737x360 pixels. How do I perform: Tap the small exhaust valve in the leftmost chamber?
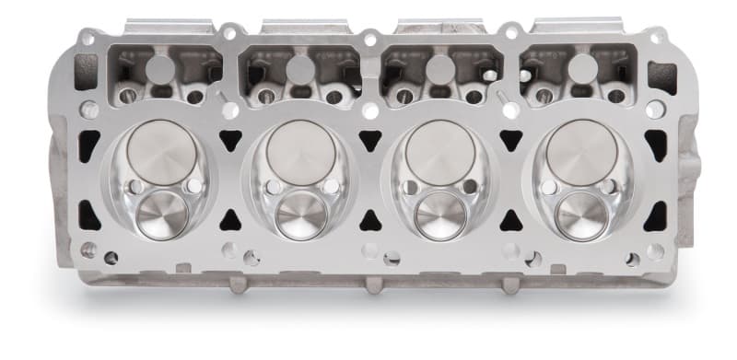(x=162, y=215)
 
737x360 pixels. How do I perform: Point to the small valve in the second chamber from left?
(x=301, y=215)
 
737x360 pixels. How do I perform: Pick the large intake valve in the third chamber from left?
(x=440, y=151)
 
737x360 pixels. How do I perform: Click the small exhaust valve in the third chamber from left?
(x=440, y=215)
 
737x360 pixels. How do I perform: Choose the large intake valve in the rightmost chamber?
(x=580, y=151)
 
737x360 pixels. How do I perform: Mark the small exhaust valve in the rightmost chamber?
(x=580, y=215)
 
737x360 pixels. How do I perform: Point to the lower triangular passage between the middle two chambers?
(x=370, y=219)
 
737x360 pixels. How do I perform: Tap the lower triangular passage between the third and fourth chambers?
(x=510, y=219)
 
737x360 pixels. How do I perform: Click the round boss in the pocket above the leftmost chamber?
(x=159, y=68)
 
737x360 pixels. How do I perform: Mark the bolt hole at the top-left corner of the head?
(x=87, y=39)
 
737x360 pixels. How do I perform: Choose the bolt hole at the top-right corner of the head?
(x=654, y=39)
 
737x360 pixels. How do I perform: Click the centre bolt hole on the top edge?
(x=370, y=40)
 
